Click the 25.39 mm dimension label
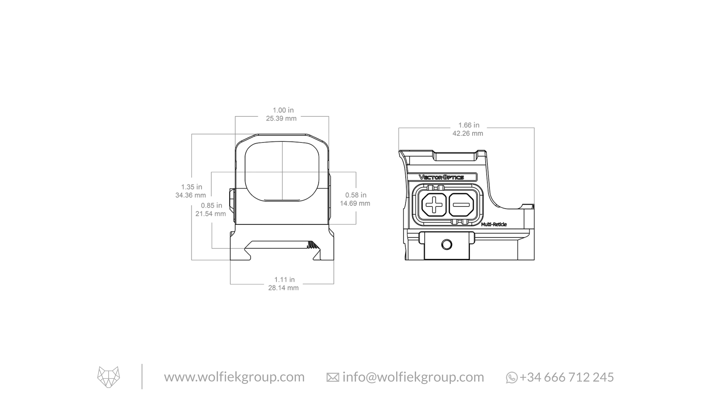coord(281,119)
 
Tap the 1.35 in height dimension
coord(192,187)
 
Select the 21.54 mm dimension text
coord(211,214)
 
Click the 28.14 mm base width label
coord(283,288)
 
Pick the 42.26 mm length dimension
coord(468,134)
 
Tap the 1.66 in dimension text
coord(469,125)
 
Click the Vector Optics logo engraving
coord(441,177)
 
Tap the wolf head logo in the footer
coord(109,377)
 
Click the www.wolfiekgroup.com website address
coord(234,377)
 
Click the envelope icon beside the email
coord(333,378)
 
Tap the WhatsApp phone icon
coord(512,378)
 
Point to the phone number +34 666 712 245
coord(567,377)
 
